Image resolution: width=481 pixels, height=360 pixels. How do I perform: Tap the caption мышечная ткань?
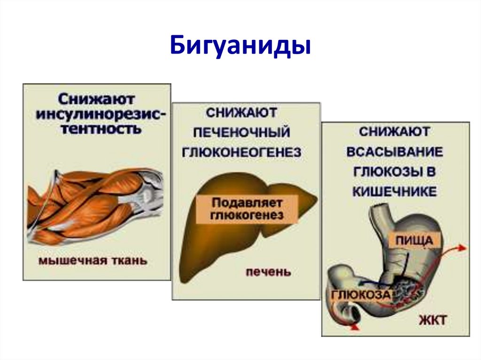(92, 260)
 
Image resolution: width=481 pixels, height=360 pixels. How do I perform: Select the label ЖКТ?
(432, 322)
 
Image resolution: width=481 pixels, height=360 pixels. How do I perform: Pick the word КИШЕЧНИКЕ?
(395, 192)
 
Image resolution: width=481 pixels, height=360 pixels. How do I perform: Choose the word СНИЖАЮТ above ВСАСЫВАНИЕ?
(395, 131)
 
